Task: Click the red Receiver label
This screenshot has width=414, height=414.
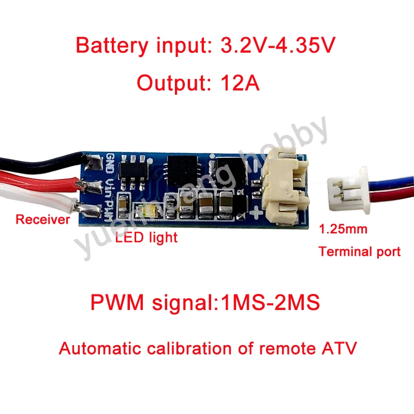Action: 42,219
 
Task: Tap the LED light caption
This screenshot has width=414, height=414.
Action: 146,238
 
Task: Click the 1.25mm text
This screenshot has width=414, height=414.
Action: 343,229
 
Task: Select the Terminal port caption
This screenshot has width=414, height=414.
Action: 360,252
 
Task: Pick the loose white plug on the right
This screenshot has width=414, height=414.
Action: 344,189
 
